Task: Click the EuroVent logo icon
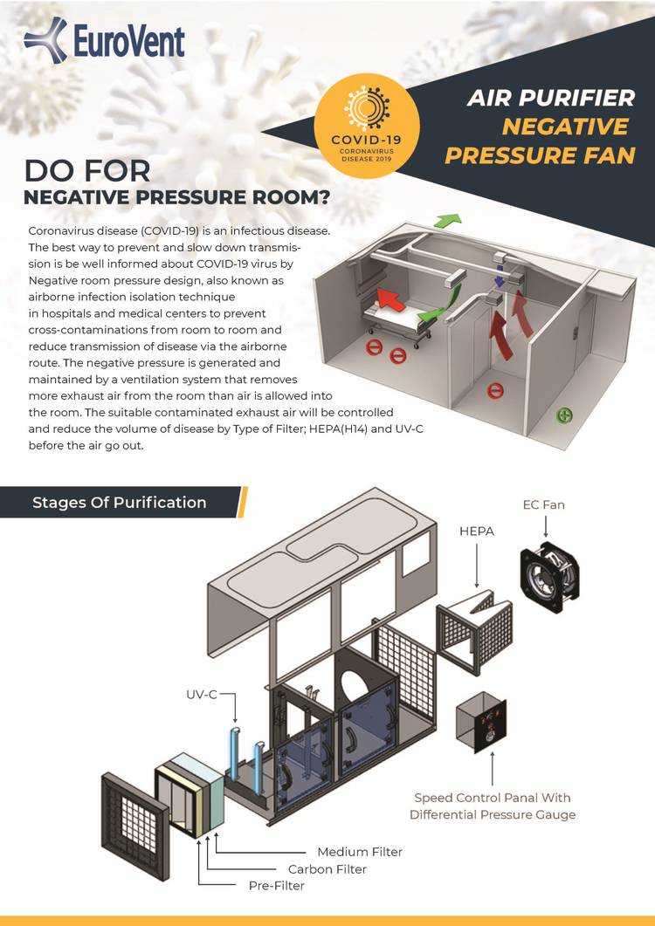tap(45, 40)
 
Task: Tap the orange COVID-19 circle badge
tap(367, 126)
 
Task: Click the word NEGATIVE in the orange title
tap(565, 127)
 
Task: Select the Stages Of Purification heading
tap(120, 503)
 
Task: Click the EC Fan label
tap(544, 505)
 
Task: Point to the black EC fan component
tap(549, 576)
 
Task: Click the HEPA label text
tap(477, 532)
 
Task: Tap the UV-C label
tap(202, 695)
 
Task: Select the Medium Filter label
tap(360, 852)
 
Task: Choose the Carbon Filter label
tap(327, 869)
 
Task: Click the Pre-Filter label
tap(277, 886)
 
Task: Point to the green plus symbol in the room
tap(564, 415)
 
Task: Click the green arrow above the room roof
tap(447, 221)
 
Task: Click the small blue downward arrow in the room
tap(500, 278)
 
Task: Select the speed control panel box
tap(481, 722)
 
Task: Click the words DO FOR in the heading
tap(87, 172)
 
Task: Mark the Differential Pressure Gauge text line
tap(493, 815)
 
